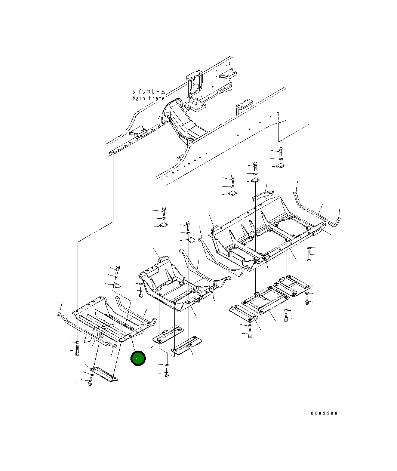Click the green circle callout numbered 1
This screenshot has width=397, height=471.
pos(138,358)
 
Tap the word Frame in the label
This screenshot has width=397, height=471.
pos(156,98)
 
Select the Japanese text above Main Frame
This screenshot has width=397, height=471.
pos(149,92)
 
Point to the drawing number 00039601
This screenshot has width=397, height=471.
pos(326,413)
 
